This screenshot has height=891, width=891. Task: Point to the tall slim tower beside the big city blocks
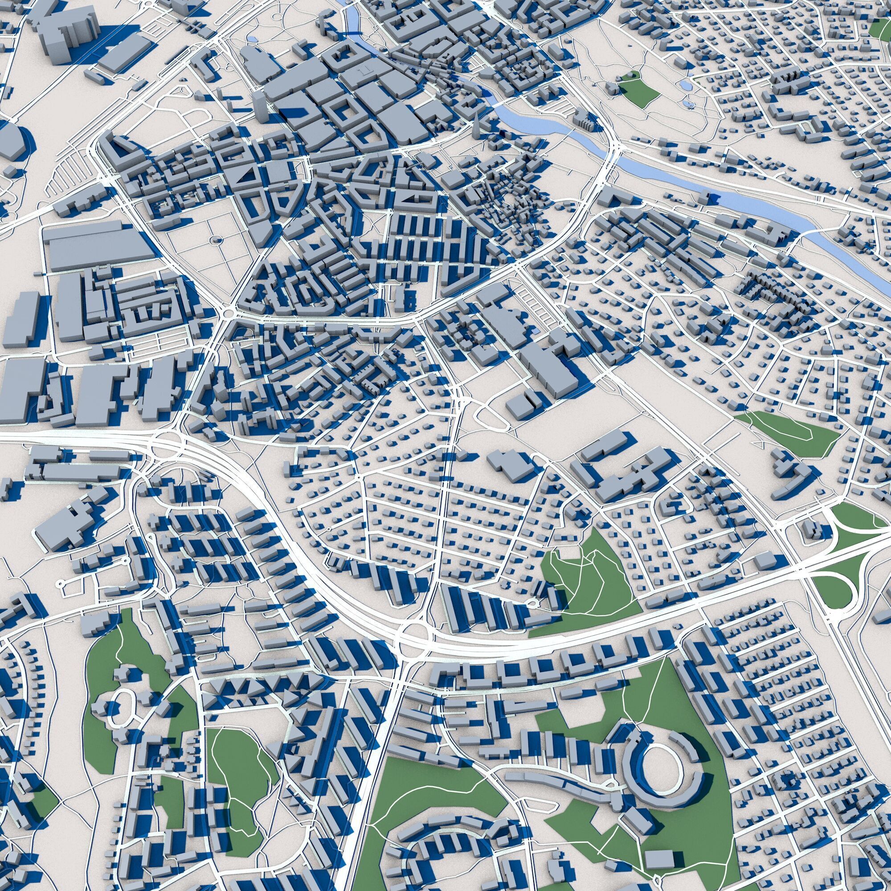[x=260, y=107]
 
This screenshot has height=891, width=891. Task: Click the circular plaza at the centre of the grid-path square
[x=215, y=240]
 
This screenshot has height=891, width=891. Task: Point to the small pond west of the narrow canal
[x=253, y=40]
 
